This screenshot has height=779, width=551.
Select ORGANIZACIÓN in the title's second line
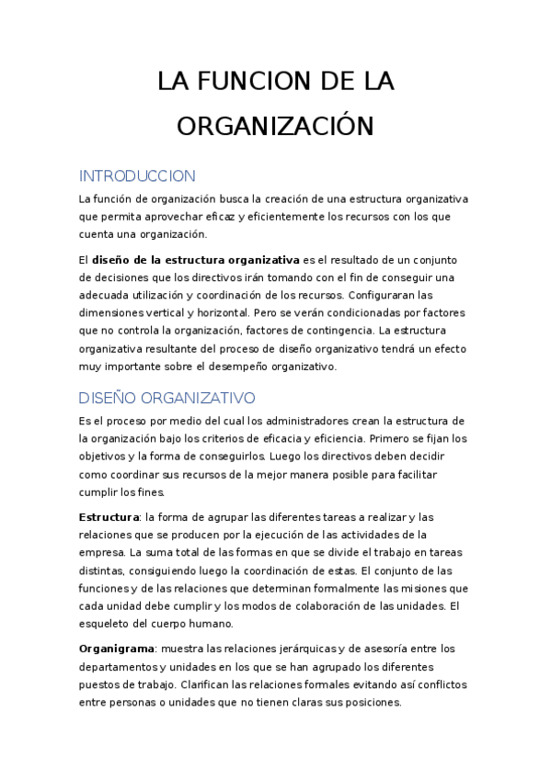[276, 125]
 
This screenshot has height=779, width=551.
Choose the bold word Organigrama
[116, 648]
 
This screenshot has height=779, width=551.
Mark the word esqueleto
[109, 624]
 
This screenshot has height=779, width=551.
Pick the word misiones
[417, 588]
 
